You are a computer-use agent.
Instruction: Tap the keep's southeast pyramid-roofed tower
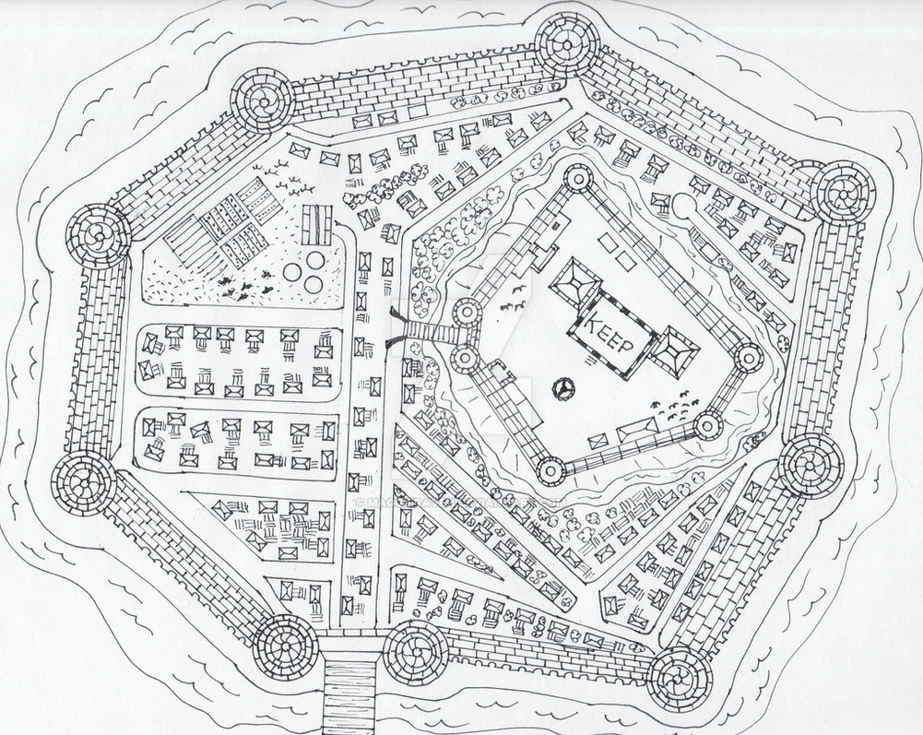[677, 350]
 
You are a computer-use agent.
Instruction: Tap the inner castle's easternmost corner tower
[750, 356]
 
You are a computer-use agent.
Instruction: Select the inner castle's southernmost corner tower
[550, 471]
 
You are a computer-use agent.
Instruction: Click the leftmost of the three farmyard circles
[292, 272]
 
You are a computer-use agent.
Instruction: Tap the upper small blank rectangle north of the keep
[609, 241]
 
